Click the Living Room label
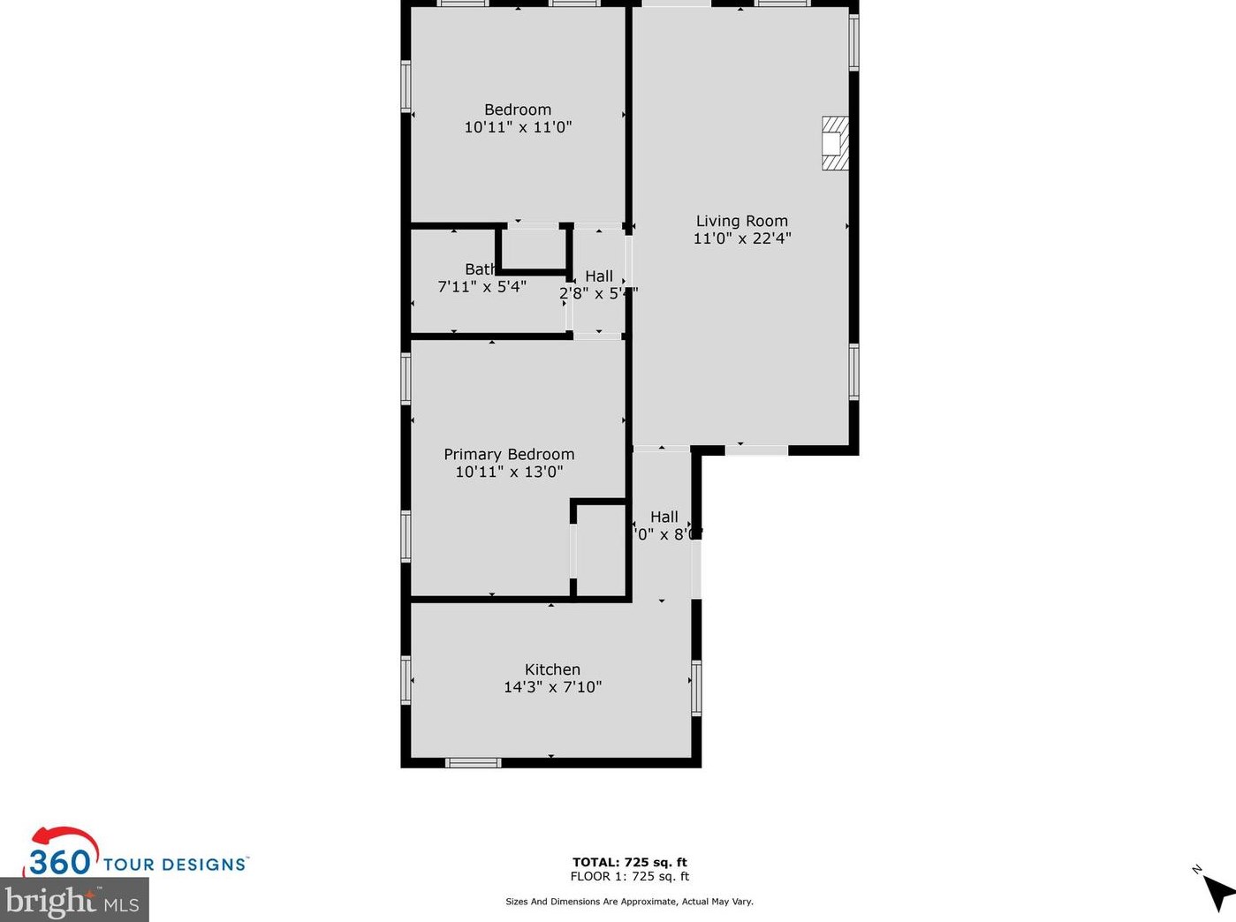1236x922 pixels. (741, 221)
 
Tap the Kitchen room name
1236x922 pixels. (552, 669)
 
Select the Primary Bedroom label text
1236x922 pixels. (509, 454)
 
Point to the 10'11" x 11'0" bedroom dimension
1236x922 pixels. (518, 127)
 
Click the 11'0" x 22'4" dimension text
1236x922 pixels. (741, 238)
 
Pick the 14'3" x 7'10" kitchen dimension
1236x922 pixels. (552, 687)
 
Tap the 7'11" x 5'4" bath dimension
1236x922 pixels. (482, 287)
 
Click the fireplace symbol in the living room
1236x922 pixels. (835, 143)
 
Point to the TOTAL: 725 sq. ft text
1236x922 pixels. (629, 862)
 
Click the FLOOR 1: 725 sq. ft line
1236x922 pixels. (629, 876)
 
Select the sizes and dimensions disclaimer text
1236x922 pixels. (629, 902)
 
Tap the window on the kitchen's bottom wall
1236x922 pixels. (473, 762)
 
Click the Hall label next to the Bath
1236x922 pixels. (598, 276)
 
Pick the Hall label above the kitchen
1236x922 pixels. (663, 517)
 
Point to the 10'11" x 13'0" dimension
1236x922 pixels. (509, 472)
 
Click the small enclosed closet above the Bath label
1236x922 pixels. (533, 249)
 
